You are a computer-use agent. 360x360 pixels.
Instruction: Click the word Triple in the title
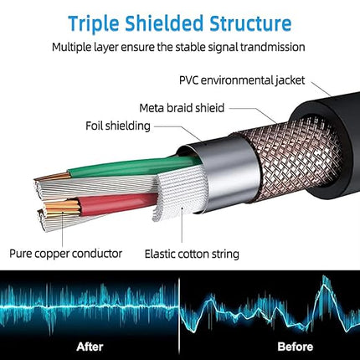94,24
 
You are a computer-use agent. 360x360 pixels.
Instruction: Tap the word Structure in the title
250,23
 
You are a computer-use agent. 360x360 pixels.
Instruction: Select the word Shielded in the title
164,23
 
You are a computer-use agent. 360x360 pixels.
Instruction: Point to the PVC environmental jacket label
242,80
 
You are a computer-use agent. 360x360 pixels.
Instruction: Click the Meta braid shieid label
182,108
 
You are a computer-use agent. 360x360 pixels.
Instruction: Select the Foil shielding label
118,126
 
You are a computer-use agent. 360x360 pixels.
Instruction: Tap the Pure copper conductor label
66,254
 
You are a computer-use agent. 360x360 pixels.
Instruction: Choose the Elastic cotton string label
192,255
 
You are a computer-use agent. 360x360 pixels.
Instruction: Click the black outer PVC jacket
335,145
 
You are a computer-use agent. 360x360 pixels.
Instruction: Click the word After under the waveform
90,347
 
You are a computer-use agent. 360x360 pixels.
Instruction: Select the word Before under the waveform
296,347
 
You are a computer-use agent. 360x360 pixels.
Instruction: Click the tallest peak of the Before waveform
324,277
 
